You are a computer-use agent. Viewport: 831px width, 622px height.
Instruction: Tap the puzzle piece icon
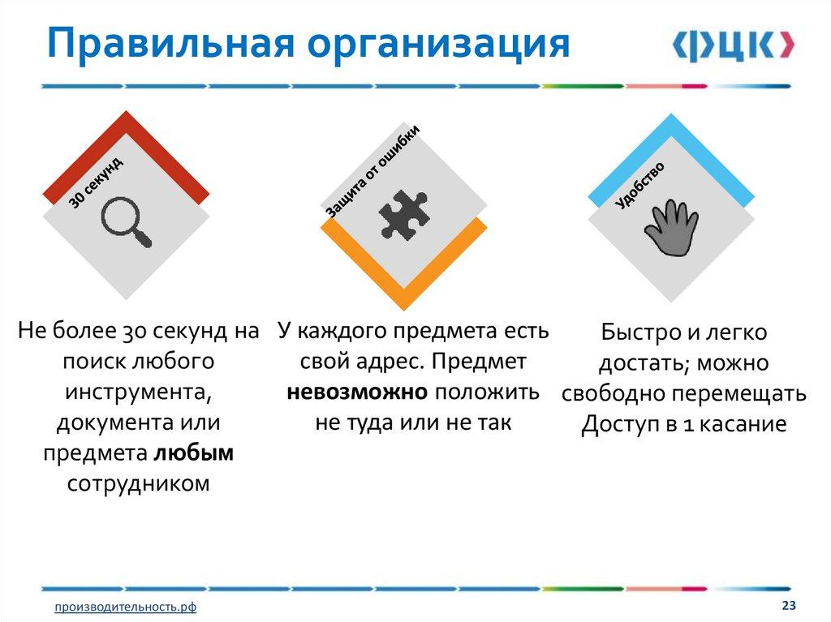tap(404, 214)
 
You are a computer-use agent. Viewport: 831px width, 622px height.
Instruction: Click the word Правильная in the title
tap(170, 45)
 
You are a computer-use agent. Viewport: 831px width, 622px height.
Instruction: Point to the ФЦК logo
tap(734, 45)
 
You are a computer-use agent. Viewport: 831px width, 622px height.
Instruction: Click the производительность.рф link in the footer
tap(125, 607)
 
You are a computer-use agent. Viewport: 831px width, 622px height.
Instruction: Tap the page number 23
tap(789, 605)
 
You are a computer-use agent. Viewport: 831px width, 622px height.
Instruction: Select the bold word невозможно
tap(357, 392)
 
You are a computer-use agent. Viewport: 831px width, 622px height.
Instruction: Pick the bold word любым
tap(193, 453)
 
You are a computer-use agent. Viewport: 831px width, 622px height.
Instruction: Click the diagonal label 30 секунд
tap(97, 182)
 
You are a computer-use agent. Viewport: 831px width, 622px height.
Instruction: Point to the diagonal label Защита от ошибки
tap(372, 172)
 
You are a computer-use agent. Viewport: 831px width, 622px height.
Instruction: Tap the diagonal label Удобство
tap(639, 186)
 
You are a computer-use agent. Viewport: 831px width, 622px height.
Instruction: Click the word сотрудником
tap(138, 483)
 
